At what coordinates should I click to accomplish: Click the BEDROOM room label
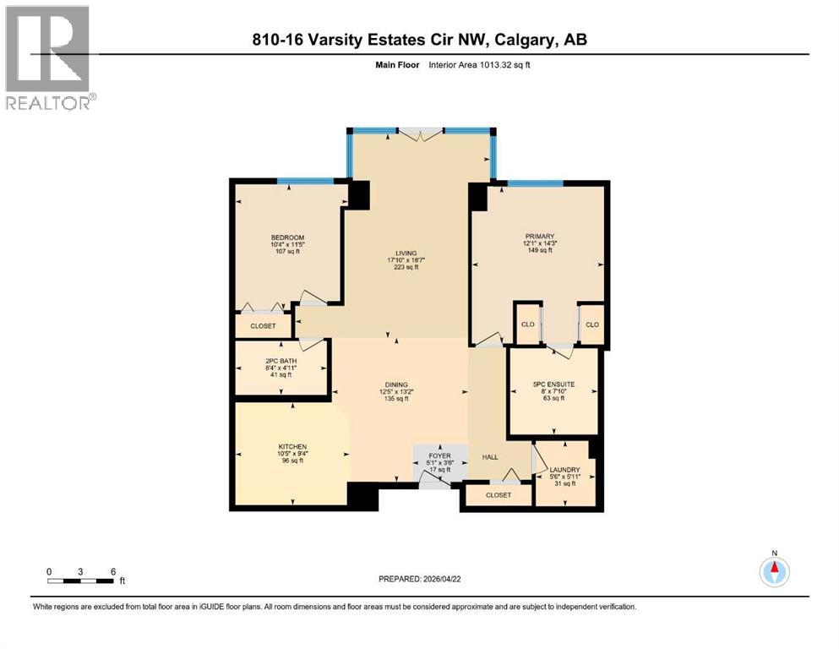click(287, 237)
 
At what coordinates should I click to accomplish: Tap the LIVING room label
click(406, 254)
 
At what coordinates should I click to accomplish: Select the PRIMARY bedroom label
click(539, 237)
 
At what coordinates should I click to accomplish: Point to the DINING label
click(396, 384)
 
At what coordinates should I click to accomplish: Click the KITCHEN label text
click(292, 447)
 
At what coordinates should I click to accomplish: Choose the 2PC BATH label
click(281, 361)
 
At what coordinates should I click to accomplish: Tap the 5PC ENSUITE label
click(553, 384)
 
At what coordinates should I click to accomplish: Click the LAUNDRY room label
click(565, 470)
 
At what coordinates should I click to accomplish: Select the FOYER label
click(440, 455)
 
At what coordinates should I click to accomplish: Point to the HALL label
click(490, 457)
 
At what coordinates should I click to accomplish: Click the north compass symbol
click(774, 571)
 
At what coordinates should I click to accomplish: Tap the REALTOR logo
click(50, 57)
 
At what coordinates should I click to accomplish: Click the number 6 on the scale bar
click(113, 571)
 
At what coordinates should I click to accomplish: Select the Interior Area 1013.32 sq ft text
click(479, 65)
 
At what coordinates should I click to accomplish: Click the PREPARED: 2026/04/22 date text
click(419, 579)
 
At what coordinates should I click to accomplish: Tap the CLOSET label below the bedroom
click(264, 326)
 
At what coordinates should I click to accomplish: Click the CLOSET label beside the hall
click(498, 495)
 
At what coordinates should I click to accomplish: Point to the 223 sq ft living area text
click(406, 267)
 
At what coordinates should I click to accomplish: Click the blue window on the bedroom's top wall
click(306, 181)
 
